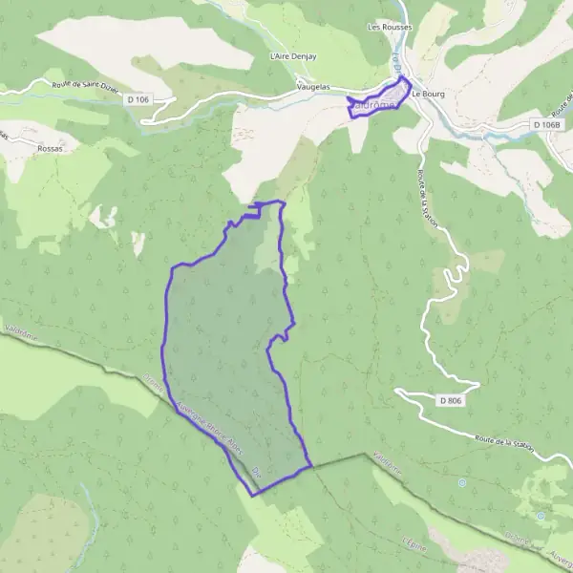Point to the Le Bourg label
pyautogui.click(x=429, y=94)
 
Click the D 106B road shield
pyautogui.click(x=547, y=125)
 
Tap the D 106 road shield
pyautogui.click(x=138, y=98)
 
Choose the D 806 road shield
pyautogui.click(x=452, y=400)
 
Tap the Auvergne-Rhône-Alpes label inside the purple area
pyautogui.click(x=202, y=421)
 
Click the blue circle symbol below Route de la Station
pyautogui.click(x=461, y=482)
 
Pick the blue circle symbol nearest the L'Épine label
pyautogui.click(x=541, y=516)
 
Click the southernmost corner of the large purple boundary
pyautogui.click(x=253, y=495)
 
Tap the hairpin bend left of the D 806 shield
pyautogui.click(x=399, y=391)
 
